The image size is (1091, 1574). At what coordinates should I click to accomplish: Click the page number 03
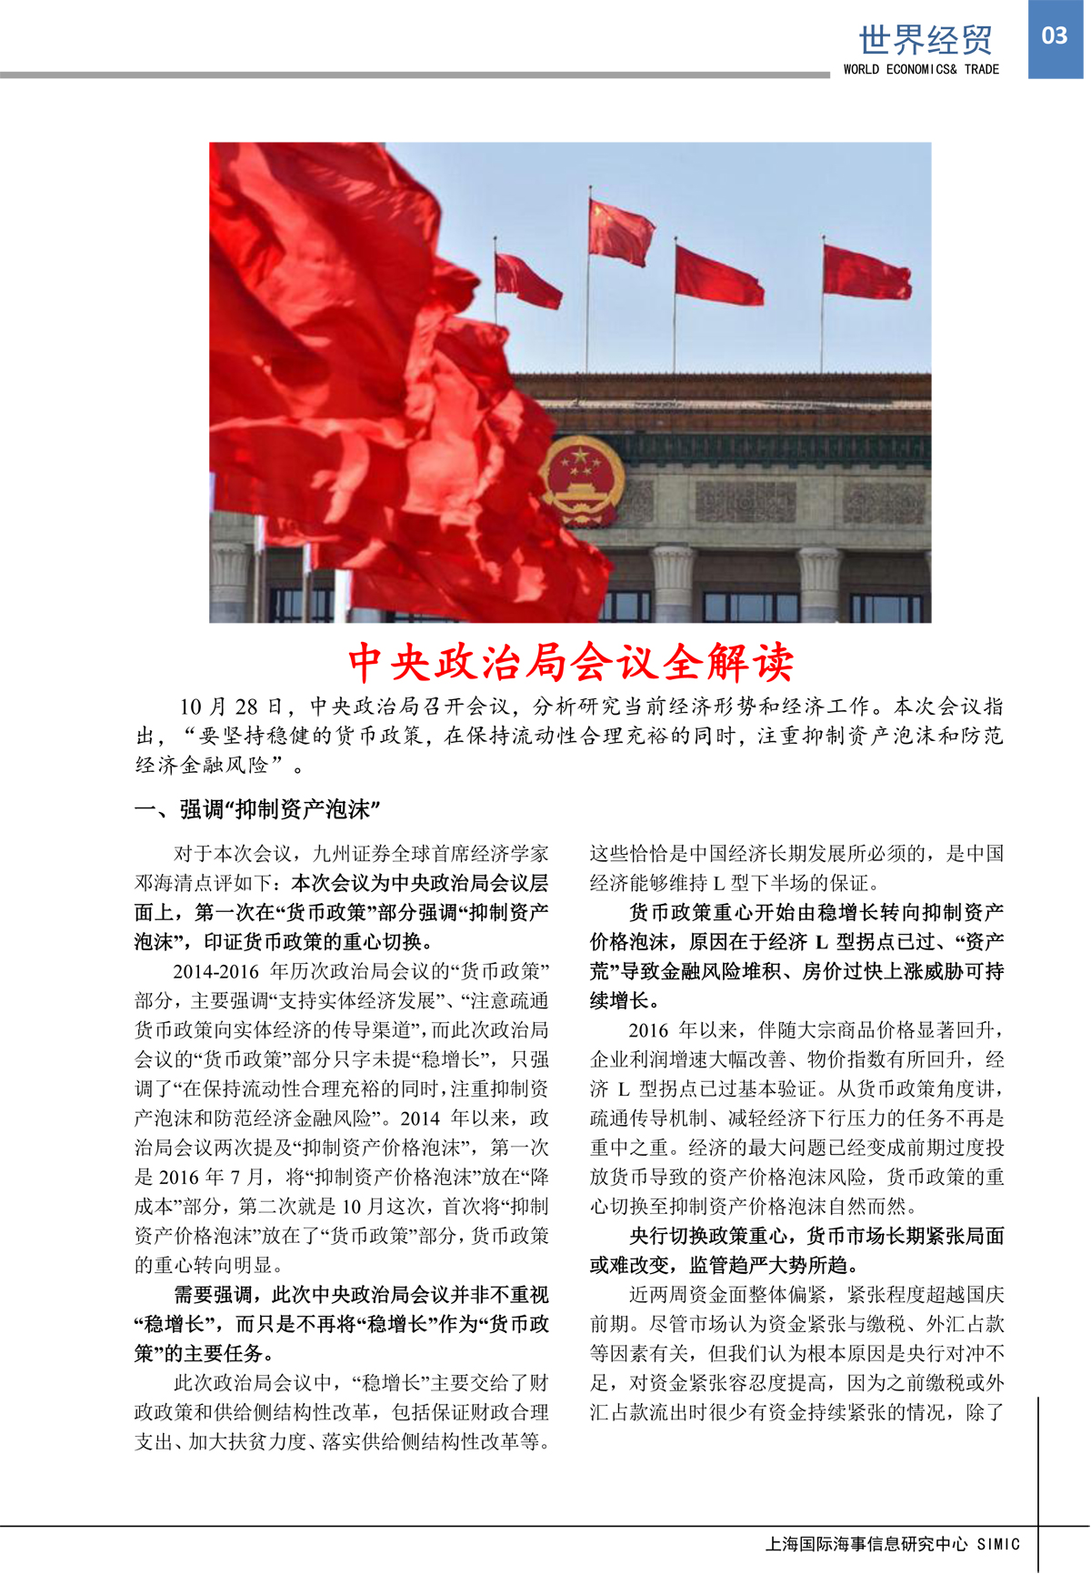pos(1055,36)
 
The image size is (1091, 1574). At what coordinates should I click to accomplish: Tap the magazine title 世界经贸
pos(926,40)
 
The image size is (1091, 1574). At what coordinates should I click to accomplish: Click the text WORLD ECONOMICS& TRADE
pos(920,69)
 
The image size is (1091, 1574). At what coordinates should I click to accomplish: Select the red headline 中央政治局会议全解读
pos(571,662)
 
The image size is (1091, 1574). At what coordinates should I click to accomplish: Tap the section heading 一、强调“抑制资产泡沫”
pos(257,809)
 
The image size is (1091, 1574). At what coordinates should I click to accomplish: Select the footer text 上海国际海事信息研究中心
pos(866,1543)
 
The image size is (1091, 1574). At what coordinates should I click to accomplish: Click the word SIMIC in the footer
pos(998,1544)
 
